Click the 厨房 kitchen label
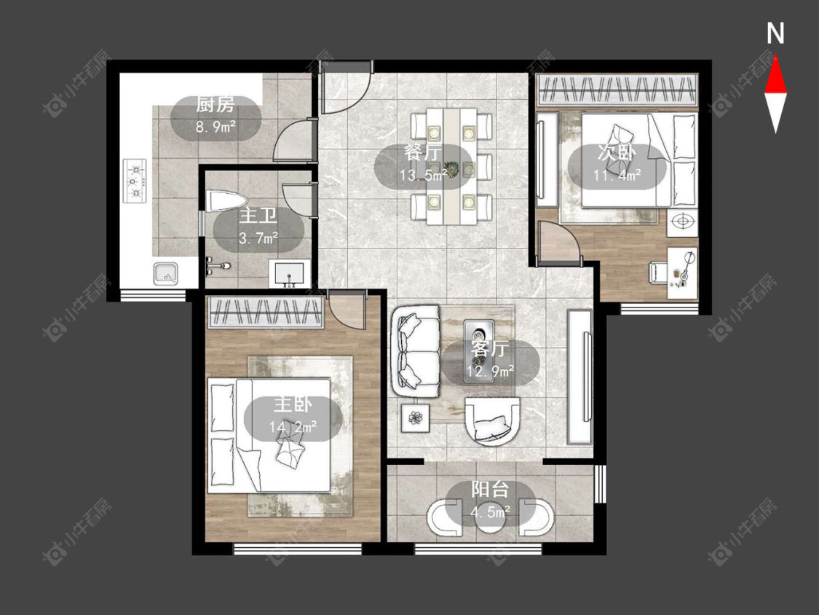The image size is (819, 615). (x=215, y=105)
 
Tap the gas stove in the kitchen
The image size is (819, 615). (x=135, y=181)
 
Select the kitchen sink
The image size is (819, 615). (x=165, y=273)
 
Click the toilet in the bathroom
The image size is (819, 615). (x=226, y=202)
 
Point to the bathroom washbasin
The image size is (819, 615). (x=289, y=274)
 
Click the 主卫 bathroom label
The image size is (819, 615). (x=258, y=216)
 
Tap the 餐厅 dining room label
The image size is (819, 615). (x=423, y=152)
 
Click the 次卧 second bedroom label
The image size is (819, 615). (x=617, y=153)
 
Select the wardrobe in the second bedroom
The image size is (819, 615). (x=618, y=90)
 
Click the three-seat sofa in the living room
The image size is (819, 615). (x=416, y=351)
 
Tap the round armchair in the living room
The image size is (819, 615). (x=492, y=422)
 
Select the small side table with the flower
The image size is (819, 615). (x=415, y=418)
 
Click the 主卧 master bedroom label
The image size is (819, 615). (x=293, y=404)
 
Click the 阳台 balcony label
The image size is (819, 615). (x=490, y=489)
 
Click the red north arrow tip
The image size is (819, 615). (x=775, y=57)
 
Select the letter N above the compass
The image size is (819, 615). (x=775, y=34)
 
